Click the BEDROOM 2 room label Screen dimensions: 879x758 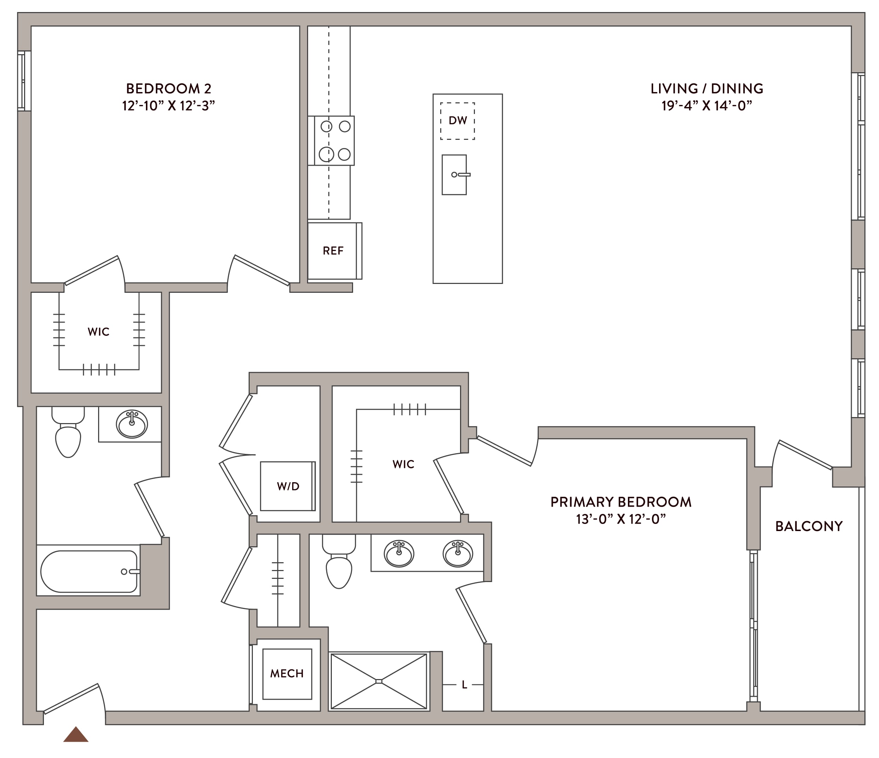[x=169, y=89]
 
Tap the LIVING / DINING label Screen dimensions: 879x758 [x=707, y=89]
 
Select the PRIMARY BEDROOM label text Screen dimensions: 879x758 [x=620, y=502]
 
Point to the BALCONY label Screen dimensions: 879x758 [x=809, y=526]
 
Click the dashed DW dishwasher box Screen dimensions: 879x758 [x=457, y=121]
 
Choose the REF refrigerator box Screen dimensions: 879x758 [x=335, y=251]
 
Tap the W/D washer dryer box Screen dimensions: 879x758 [x=288, y=486]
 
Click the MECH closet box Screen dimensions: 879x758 [x=287, y=674]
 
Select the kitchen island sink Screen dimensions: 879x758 [x=455, y=175]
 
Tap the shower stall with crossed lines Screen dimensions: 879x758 [x=379, y=681]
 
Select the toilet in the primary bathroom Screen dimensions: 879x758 [x=339, y=561]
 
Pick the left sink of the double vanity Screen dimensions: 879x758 [x=399, y=554]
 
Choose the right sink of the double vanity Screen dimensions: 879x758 [x=458, y=554]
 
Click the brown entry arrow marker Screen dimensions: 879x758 [x=76, y=735]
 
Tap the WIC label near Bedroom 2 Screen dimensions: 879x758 [x=98, y=332]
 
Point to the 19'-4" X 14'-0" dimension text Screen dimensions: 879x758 [x=707, y=106]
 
